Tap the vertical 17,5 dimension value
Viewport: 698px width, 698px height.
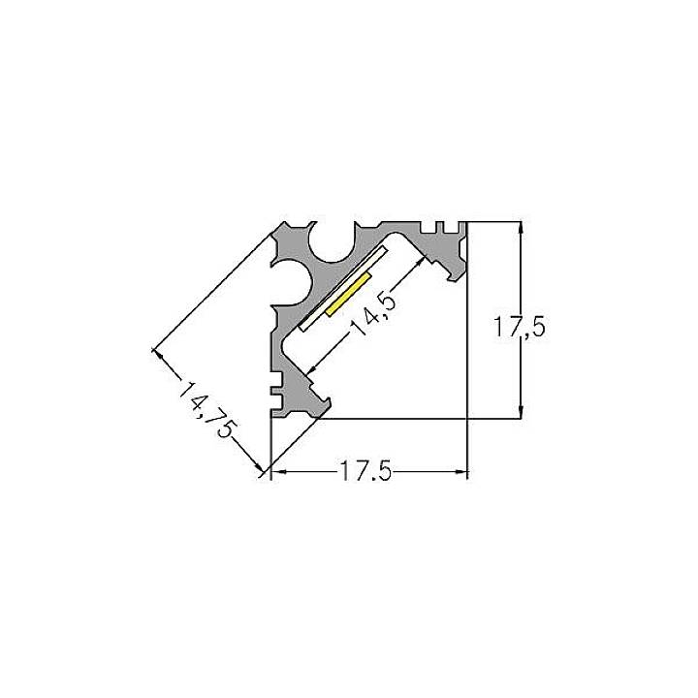[x=521, y=329]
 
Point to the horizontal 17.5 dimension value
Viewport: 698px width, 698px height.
[x=365, y=473]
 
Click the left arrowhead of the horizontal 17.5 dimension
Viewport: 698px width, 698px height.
[x=276, y=473]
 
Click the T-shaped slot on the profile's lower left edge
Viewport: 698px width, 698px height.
[x=277, y=396]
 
